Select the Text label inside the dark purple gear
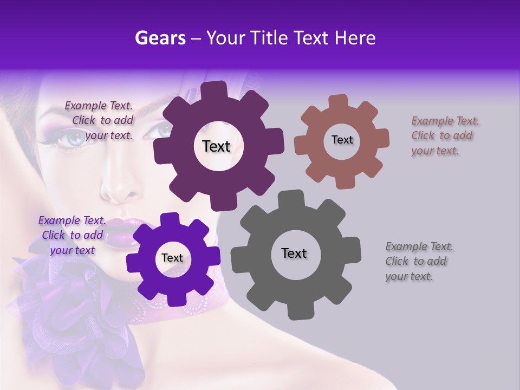click(216, 146)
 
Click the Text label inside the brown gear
click(342, 140)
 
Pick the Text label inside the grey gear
click(294, 253)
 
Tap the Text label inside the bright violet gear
click(172, 258)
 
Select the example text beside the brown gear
click(445, 135)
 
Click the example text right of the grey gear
click(419, 261)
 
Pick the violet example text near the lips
click(72, 235)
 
